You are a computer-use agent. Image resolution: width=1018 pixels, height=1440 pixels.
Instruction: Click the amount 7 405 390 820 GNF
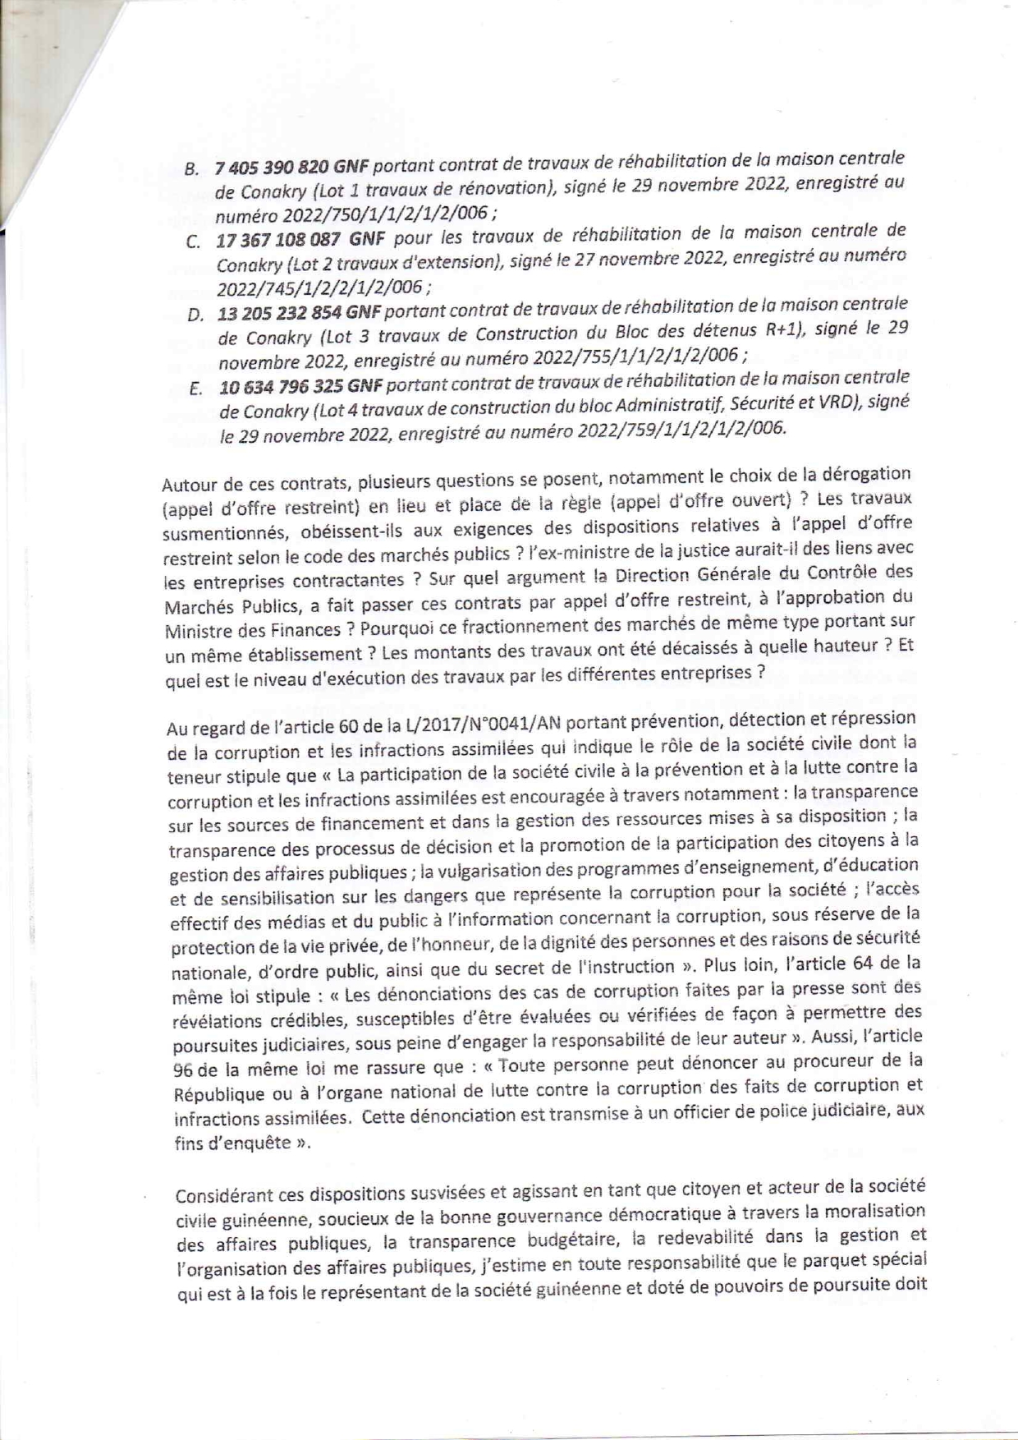coord(291,167)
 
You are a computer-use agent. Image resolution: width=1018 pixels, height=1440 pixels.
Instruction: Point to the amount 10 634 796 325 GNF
coord(301,385)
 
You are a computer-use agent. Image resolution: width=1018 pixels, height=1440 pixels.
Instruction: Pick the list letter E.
coord(195,389)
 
